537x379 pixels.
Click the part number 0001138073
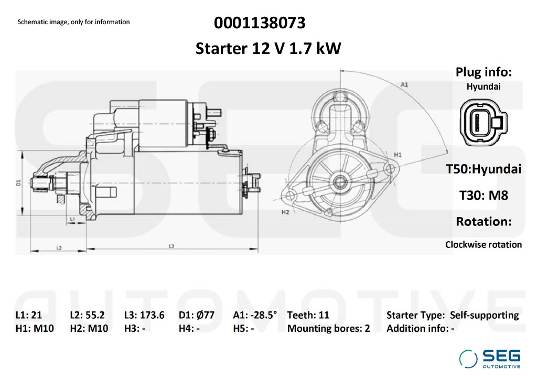click(260, 23)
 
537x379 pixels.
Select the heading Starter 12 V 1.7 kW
click(268, 49)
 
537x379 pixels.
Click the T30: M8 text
click(484, 195)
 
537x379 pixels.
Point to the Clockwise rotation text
click(484, 244)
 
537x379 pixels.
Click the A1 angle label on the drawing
click(404, 84)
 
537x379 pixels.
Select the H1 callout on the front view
click(398, 155)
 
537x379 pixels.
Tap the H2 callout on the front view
click(285, 212)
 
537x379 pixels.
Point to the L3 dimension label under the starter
click(171, 245)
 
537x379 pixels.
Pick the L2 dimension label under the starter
click(59, 247)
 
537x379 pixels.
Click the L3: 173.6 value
click(144, 315)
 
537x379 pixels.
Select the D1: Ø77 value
click(197, 315)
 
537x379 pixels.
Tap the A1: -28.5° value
click(255, 315)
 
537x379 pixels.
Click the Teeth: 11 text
click(308, 315)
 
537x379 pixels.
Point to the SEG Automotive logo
click(490, 358)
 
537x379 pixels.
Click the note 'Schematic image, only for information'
click(73, 22)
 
